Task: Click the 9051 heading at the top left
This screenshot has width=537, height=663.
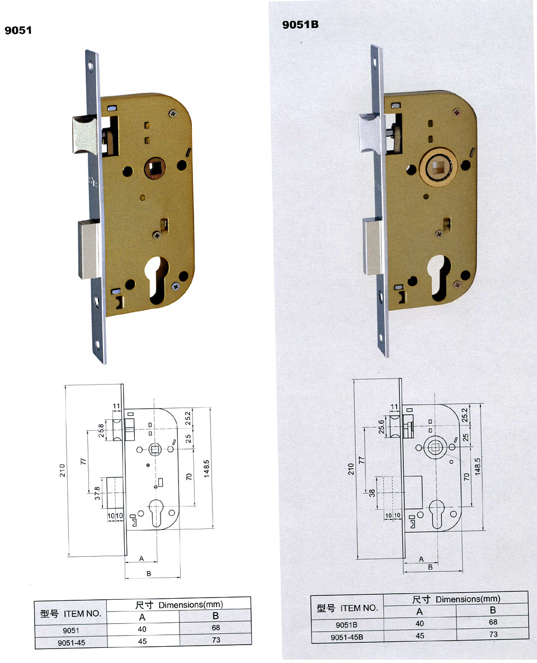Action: tap(18, 30)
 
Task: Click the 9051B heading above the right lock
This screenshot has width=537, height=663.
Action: tap(300, 25)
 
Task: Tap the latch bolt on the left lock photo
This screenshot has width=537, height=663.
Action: tap(84, 135)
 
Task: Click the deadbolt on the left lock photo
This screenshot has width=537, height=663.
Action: tap(89, 249)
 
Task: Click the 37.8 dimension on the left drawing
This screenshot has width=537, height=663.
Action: tap(97, 494)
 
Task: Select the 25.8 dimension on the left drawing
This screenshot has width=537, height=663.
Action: tap(101, 430)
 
